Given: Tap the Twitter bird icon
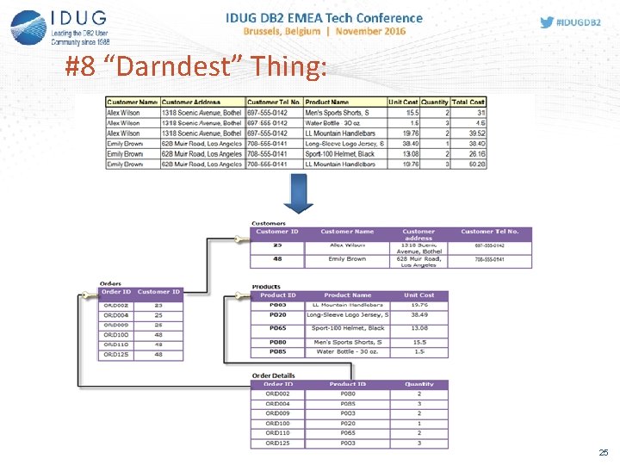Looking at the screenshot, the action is (x=547, y=22).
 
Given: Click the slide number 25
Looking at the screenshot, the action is (x=604, y=452).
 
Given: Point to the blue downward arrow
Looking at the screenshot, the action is (x=298, y=195).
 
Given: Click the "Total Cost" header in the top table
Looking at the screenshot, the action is (x=468, y=102).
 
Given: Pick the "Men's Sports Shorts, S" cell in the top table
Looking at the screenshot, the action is (x=337, y=113).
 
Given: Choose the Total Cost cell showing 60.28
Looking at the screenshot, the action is (x=475, y=164).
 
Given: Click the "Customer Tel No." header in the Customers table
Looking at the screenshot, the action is (x=489, y=232).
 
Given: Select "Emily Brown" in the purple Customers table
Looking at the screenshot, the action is (x=347, y=258).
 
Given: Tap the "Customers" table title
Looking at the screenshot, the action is (x=269, y=223).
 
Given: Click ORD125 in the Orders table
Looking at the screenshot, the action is (x=116, y=355).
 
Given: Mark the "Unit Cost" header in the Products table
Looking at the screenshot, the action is (x=419, y=295).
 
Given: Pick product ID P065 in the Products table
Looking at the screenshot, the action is (x=277, y=328).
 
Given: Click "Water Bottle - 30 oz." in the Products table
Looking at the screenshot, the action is (x=346, y=351).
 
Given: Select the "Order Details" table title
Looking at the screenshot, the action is (x=273, y=375).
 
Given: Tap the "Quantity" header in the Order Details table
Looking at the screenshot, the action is (x=419, y=384).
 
